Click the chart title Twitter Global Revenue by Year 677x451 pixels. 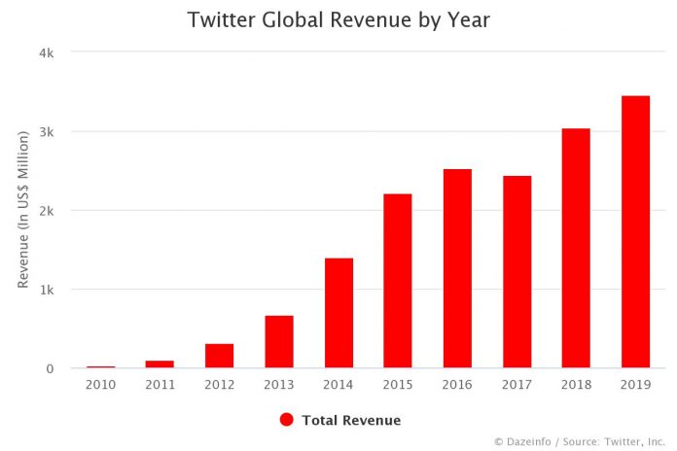(x=338, y=19)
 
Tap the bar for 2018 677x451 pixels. (x=575, y=248)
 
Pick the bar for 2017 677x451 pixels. (x=516, y=272)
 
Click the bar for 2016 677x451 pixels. (x=456, y=268)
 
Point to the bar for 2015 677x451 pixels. (x=397, y=281)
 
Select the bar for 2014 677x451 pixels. (x=338, y=313)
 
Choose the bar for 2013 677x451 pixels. (x=278, y=341)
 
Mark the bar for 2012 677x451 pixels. (x=219, y=356)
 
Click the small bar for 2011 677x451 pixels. (x=160, y=364)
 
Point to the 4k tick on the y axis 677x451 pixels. (x=46, y=52)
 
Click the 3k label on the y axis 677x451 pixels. (x=46, y=131)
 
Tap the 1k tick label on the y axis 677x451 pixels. (x=46, y=290)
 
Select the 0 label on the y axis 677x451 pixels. (x=49, y=368)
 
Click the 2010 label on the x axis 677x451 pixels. (x=100, y=385)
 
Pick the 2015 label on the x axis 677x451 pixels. (x=397, y=385)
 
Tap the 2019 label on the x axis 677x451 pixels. (x=634, y=385)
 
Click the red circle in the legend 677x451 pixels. (x=286, y=420)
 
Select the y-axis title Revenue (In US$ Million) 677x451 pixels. (x=22, y=211)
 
